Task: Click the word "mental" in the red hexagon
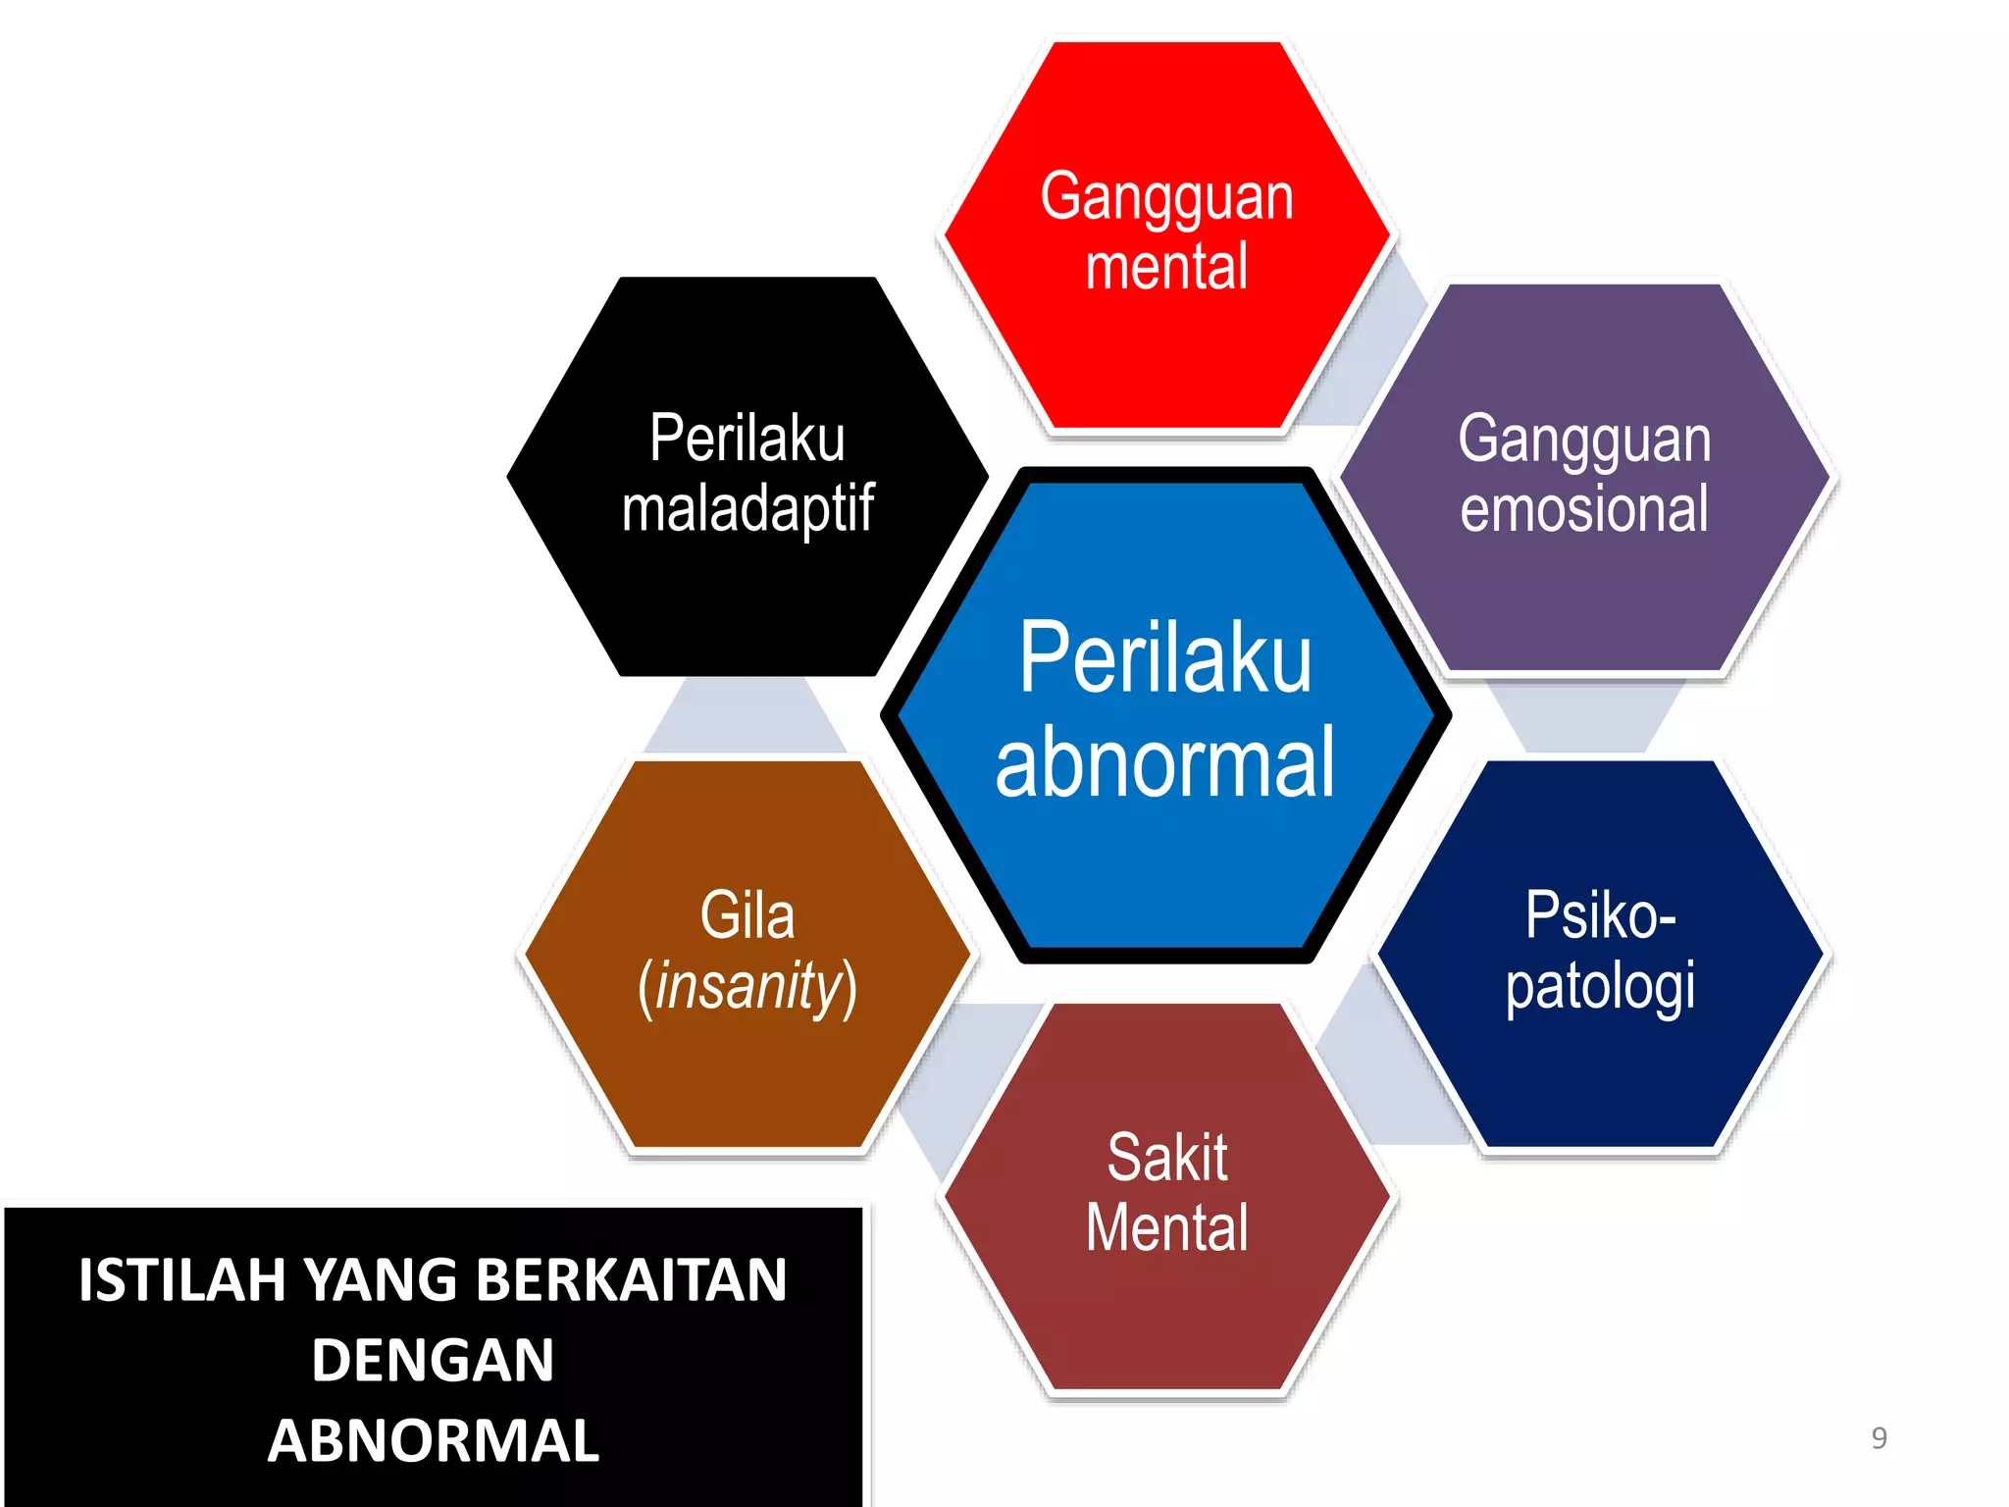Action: click(x=1166, y=268)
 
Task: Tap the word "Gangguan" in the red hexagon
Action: click(x=1166, y=197)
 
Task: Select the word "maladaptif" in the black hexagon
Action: click(x=747, y=510)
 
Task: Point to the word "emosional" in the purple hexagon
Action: click(x=1584, y=509)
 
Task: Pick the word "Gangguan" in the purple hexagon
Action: click(x=1584, y=440)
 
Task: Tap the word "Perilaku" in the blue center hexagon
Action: click(x=1165, y=657)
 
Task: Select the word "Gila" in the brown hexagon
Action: click(x=747, y=915)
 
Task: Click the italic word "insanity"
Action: click(x=748, y=987)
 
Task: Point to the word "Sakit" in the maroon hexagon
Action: click(x=1167, y=1158)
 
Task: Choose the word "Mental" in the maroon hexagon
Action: click(x=1167, y=1228)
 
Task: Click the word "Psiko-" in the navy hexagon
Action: click(x=1600, y=915)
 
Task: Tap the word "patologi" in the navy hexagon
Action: click(x=1600, y=987)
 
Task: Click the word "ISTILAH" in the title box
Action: click(x=182, y=1280)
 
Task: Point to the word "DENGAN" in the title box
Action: click(x=433, y=1361)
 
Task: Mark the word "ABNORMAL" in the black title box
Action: click(x=433, y=1441)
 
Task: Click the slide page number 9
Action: click(x=1879, y=1438)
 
